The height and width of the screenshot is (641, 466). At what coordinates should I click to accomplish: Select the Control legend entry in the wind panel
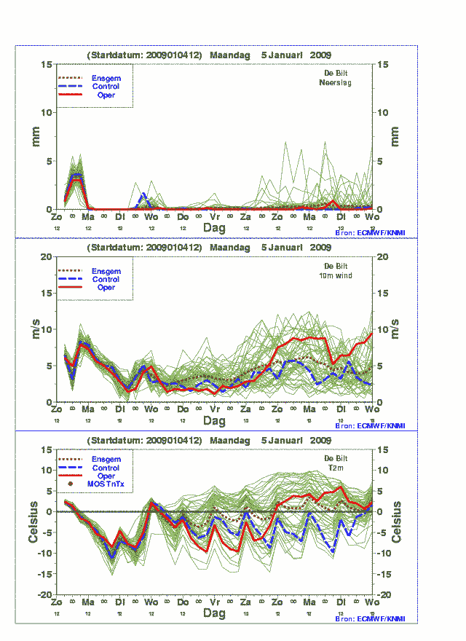click(x=106, y=279)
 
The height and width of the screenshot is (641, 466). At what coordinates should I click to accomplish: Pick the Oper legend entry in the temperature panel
click(x=106, y=476)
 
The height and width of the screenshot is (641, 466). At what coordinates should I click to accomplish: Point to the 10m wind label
click(x=336, y=275)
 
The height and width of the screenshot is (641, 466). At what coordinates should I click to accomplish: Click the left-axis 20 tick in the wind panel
click(x=46, y=257)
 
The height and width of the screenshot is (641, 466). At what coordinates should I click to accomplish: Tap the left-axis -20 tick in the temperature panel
click(x=45, y=595)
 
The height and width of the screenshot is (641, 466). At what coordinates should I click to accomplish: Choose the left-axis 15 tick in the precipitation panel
click(x=46, y=65)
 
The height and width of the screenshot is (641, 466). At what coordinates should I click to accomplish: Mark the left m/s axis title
click(x=34, y=329)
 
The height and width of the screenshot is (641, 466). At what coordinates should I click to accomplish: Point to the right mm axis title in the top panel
click(x=395, y=136)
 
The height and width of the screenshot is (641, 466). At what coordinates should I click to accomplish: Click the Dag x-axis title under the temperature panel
click(x=214, y=613)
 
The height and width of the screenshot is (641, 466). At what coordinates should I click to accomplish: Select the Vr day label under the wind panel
click(x=215, y=409)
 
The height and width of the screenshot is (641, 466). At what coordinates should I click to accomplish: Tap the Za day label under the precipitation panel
click(x=246, y=217)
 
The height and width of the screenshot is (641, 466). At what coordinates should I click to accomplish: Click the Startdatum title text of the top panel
click(x=210, y=55)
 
